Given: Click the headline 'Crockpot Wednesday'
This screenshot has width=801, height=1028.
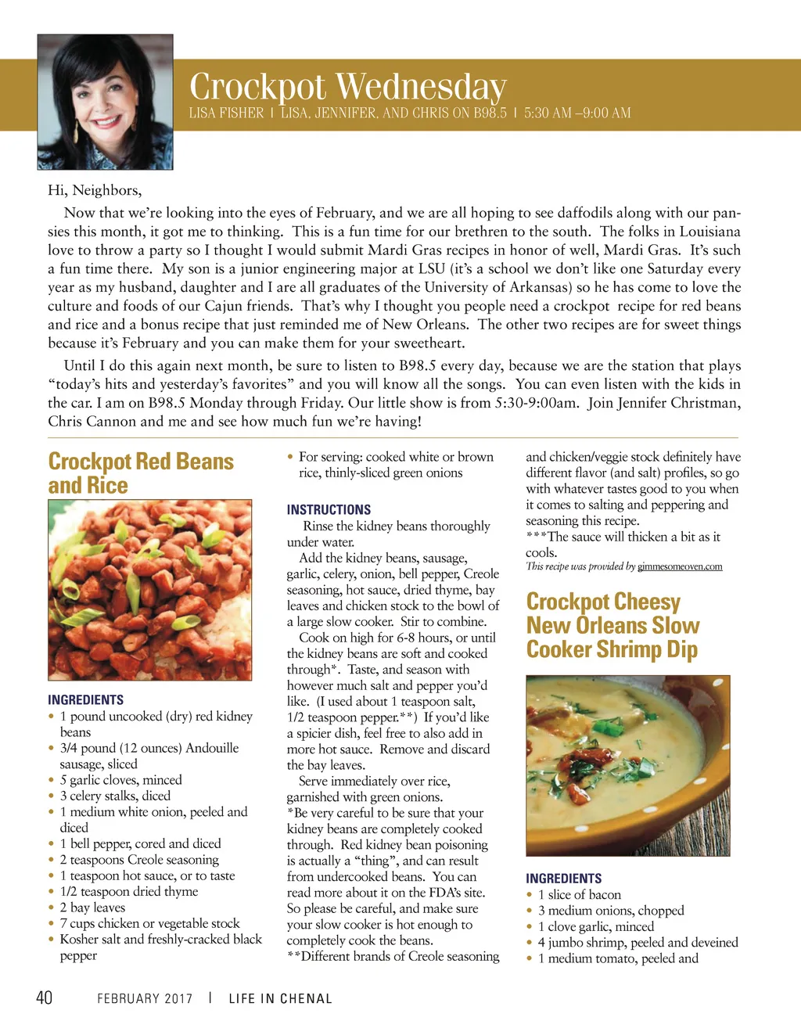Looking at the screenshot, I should click(348, 87).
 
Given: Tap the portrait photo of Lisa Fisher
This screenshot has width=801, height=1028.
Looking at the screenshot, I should click(106, 102).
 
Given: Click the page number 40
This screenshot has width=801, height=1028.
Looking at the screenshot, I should click(44, 997).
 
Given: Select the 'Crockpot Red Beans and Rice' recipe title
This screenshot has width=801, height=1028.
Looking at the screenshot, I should click(141, 473).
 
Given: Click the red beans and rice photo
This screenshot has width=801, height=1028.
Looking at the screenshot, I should click(150, 590).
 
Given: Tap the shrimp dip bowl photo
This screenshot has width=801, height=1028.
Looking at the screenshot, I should click(628, 765).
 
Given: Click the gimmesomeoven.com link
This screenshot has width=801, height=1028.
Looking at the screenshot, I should click(680, 566).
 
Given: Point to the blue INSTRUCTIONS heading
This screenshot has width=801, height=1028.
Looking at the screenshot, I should click(329, 509).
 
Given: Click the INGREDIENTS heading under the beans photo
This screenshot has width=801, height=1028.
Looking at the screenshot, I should click(86, 700).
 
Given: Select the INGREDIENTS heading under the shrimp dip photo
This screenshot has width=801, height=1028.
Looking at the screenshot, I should click(564, 879).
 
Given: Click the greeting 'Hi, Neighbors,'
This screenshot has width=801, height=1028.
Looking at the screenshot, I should click(95, 190).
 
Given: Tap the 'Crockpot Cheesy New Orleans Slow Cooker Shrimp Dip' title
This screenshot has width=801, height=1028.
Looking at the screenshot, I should click(612, 625).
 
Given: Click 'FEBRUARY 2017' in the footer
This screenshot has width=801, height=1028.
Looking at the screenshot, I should click(145, 999).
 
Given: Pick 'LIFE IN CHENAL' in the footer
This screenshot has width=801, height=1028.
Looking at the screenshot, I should click(280, 999).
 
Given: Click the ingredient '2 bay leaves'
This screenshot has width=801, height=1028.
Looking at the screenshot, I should click(92, 908).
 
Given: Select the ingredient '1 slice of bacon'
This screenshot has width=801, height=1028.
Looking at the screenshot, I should click(580, 895).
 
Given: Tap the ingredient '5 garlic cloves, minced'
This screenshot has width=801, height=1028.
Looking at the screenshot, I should click(120, 780).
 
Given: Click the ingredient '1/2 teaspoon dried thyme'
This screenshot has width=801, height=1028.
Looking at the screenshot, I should click(129, 892).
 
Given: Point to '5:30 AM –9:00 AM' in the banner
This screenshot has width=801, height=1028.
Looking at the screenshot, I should click(577, 113).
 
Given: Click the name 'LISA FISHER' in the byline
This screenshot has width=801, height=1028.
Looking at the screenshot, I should click(226, 113).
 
